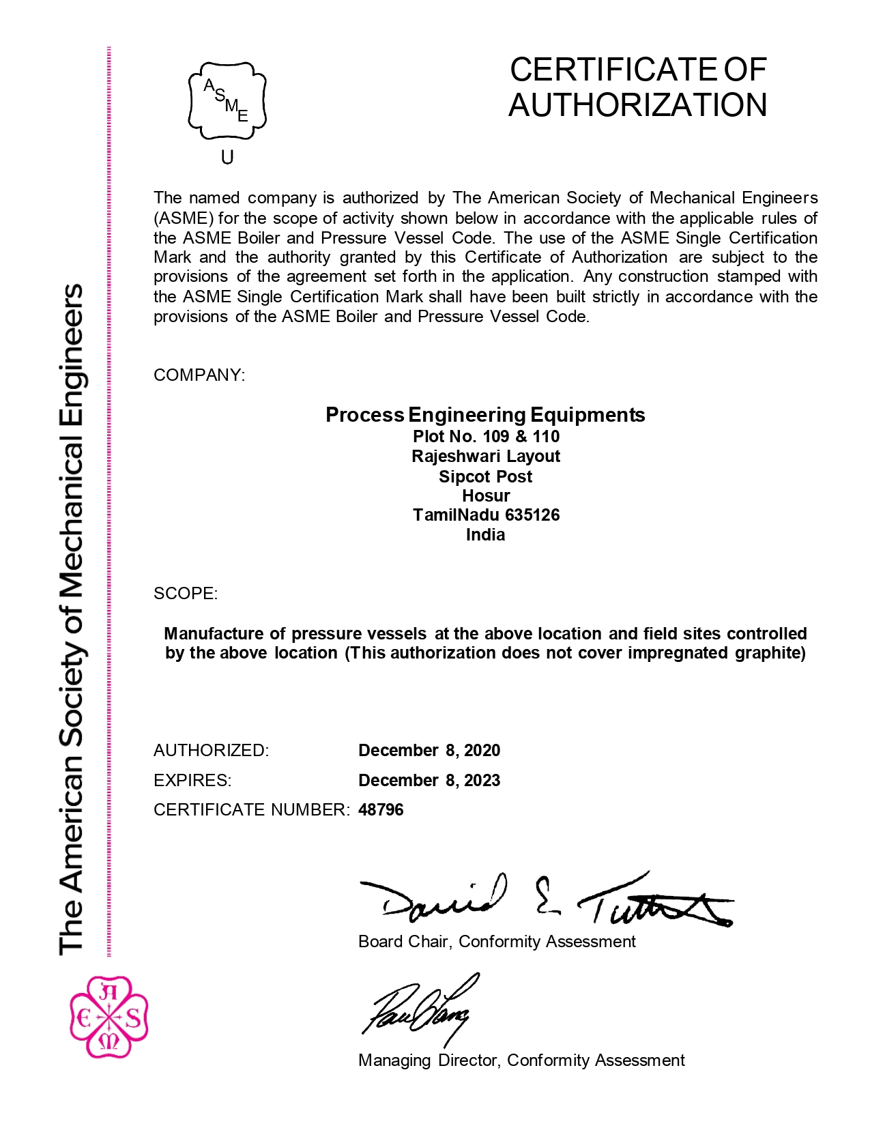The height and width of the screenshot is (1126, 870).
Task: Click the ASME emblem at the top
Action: (227, 100)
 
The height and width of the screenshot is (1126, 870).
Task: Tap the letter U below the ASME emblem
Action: (227, 158)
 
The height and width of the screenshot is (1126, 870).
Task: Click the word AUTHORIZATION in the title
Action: (637, 105)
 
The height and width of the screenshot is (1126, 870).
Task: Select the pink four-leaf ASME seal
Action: (109, 1017)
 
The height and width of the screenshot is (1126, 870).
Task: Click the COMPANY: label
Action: (199, 375)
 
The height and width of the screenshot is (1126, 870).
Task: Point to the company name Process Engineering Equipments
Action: (485, 415)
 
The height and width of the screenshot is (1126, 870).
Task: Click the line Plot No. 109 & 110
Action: (486, 437)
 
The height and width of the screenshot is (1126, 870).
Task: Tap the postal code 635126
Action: (532, 515)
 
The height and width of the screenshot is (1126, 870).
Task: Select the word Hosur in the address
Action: (486, 496)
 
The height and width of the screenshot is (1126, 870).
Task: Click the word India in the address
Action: (486, 535)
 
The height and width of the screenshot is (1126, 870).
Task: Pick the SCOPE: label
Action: (186, 594)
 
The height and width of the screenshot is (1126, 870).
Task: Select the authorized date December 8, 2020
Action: (429, 751)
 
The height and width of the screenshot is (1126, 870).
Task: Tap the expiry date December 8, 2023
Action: (429, 781)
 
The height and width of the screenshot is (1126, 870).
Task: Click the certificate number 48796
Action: (381, 810)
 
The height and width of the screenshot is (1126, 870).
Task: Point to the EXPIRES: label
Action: (192, 781)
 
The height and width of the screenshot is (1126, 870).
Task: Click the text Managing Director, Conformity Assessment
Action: (521, 1060)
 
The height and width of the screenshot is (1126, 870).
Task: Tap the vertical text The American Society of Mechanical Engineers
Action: (72, 619)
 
